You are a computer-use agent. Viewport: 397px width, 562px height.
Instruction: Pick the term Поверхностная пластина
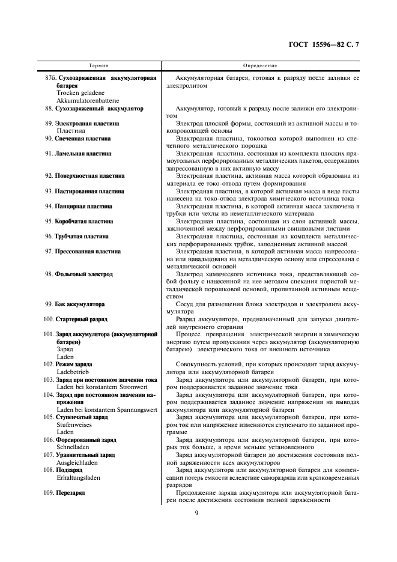point(89,176)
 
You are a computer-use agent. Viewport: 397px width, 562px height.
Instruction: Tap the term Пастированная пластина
point(89,191)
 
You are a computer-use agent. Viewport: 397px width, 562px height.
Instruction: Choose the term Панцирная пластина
point(83,206)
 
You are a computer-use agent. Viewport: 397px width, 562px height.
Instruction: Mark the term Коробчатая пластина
point(85,221)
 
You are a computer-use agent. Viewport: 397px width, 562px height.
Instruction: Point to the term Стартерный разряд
point(81,319)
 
